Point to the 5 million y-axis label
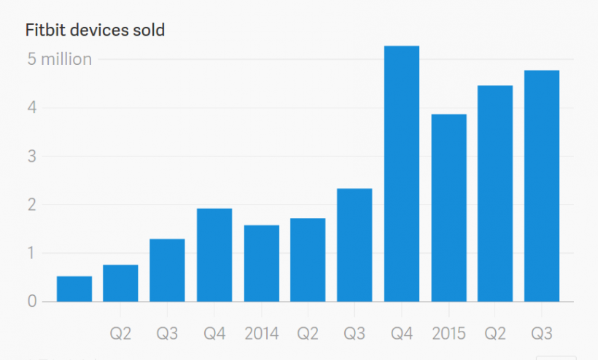click(60, 59)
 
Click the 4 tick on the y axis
click(32, 108)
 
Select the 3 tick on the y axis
click(32, 156)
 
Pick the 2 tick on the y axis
click(32, 205)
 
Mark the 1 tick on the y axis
click(32, 253)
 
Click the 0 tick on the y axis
click(32, 301)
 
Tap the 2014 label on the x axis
click(261, 334)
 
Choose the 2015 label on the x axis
click(448, 334)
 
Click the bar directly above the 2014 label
click(261, 263)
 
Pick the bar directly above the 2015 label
click(448, 208)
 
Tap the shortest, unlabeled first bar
click(74, 289)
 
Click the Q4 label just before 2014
click(214, 334)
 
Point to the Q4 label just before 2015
click(402, 334)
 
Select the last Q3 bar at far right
click(542, 186)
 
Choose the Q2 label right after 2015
click(495, 334)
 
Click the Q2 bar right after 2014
click(308, 259)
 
